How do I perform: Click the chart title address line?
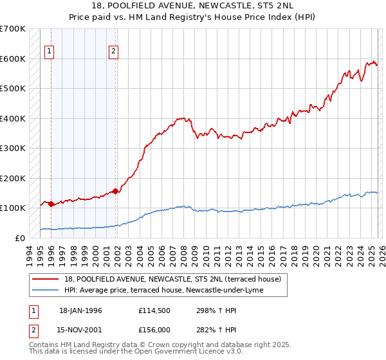click(x=192, y=6)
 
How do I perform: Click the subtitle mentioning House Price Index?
click(x=192, y=17)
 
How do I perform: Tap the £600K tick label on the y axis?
click(x=13, y=59)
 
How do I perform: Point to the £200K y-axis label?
click(x=13, y=178)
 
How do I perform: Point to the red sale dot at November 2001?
click(x=115, y=191)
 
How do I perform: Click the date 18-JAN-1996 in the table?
click(x=80, y=310)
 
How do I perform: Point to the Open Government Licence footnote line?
click(x=136, y=352)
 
